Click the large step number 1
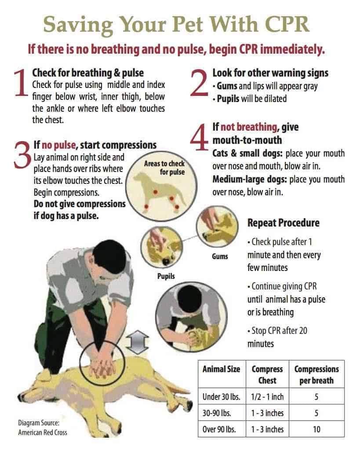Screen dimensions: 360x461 pyautogui.click(x=21, y=83)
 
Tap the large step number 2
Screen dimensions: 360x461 pyautogui.click(x=199, y=83)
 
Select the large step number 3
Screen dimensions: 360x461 pyautogui.click(x=22, y=155)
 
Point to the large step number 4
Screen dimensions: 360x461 pyautogui.click(x=200, y=137)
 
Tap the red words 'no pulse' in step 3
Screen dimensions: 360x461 pyautogui.click(x=59, y=145)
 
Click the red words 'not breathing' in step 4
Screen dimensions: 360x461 pyautogui.click(x=249, y=127)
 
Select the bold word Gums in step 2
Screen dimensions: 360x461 pyautogui.click(x=227, y=86)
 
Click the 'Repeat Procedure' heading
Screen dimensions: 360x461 pyautogui.click(x=284, y=223)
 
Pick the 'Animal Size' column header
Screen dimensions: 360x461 pyautogui.click(x=221, y=369)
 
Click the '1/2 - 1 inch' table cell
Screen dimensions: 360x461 pyautogui.click(x=267, y=397)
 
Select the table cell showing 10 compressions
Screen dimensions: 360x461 pyautogui.click(x=316, y=429)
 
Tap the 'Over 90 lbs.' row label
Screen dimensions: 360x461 pyautogui.click(x=219, y=429)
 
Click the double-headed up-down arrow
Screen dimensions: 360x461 pyautogui.click(x=137, y=342)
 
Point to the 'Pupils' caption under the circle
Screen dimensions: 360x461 pyautogui.click(x=166, y=276)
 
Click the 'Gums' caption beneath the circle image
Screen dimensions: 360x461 pyautogui.click(x=220, y=256)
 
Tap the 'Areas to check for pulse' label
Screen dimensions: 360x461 pyautogui.click(x=164, y=168)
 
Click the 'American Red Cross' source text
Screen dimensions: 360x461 pyautogui.click(x=43, y=432)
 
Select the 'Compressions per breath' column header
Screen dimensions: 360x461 pyautogui.click(x=316, y=375)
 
